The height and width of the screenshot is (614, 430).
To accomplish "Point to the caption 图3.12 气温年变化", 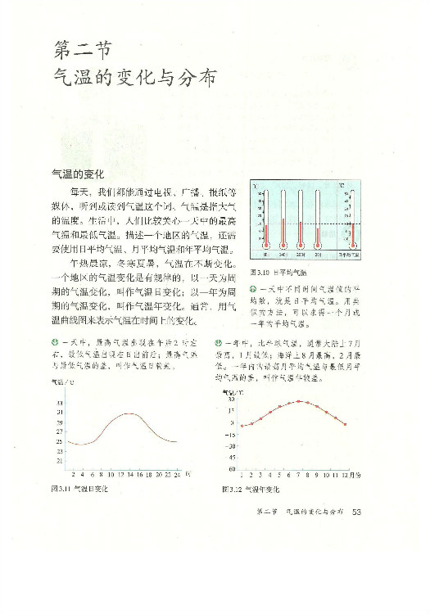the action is point(251,490).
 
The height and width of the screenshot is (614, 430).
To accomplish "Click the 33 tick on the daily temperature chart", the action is point(60,404).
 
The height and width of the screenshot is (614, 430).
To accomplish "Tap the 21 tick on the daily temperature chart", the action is point(60,462).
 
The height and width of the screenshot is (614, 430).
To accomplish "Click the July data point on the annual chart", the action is point(299,402).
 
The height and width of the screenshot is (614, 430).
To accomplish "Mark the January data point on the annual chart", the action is point(242,425).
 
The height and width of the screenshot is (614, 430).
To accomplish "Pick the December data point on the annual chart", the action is point(345,424).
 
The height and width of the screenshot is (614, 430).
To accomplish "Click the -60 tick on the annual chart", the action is point(233,469).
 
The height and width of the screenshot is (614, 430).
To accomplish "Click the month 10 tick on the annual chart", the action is point(326,474).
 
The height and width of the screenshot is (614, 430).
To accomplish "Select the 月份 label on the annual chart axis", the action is point(360,474).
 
